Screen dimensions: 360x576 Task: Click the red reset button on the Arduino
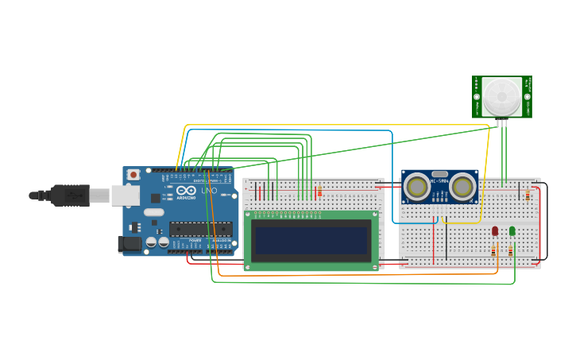[133, 174]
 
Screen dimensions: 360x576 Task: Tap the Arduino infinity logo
[186, 191]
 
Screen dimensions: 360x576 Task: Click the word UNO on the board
[208, 191]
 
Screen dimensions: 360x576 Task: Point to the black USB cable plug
[70, 195]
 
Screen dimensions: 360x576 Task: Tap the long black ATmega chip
[201, 229]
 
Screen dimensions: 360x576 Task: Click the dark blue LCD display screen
[311, 240]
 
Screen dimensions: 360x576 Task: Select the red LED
[495, 231]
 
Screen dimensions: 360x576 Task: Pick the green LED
[512, 231]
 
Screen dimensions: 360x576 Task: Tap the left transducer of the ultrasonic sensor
[416, 187]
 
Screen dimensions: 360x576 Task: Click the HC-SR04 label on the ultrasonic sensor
[439, 181]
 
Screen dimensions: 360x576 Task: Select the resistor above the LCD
[319, 192]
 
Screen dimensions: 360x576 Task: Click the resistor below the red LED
[493, 250]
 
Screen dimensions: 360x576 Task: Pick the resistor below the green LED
[511, 250]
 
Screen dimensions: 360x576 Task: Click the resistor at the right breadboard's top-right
[528, 195]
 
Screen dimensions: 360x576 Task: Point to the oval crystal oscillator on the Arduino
[154, 212]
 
